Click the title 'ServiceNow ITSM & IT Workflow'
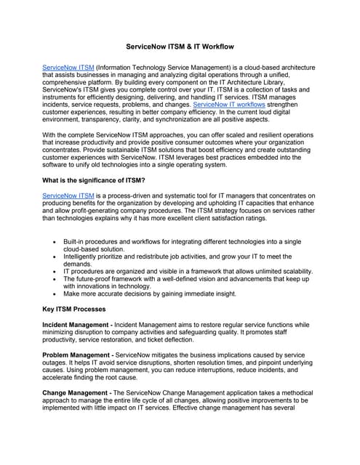tap(180, 46)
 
